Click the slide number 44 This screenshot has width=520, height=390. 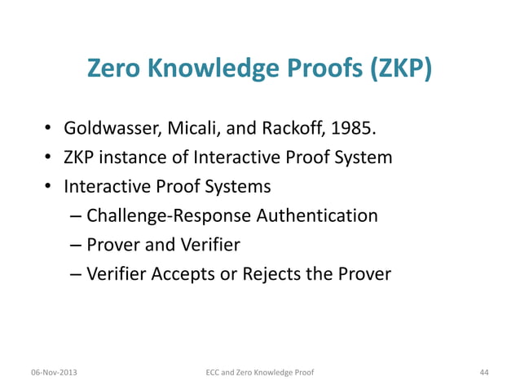click(484, 372)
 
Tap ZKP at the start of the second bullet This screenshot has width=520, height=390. click(82, 157)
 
